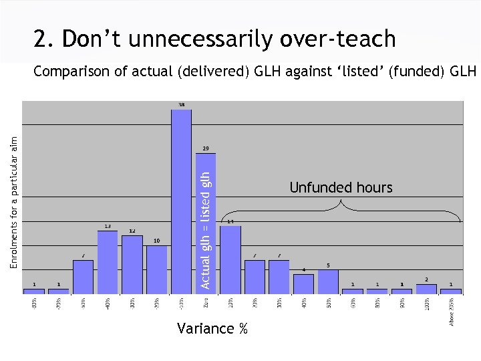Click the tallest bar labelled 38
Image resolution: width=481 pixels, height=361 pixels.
point(181,201)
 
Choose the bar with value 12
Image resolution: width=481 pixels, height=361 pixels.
point(132,265)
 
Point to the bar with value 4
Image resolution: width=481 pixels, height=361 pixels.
point(303,283)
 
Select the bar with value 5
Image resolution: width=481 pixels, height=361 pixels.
point(328,281)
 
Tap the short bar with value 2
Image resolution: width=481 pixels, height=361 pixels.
point(426,289)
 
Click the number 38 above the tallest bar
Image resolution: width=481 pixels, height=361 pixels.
point(181,105)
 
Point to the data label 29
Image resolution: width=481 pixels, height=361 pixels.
point(206,148)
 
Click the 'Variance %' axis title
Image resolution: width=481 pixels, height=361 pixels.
point(212,328)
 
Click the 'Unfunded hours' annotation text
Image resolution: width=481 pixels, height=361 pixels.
point(341,188)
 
